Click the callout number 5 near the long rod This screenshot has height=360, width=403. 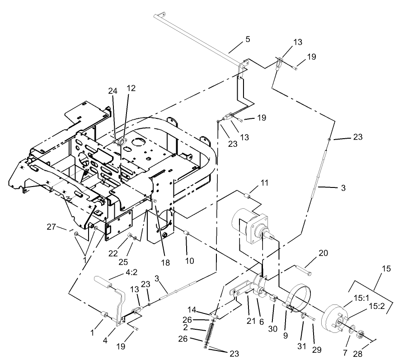[247, 39]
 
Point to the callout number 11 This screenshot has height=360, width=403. [264, 183]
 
